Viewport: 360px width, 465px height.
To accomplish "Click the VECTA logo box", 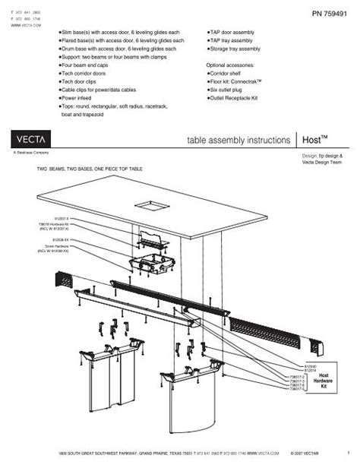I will pos(32,139).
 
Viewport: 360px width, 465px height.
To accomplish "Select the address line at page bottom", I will pos(178,452).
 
